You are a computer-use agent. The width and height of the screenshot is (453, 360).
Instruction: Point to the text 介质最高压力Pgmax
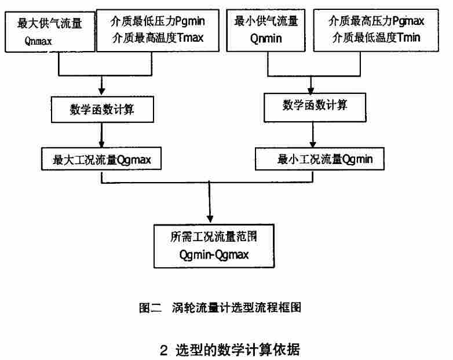pos(377,22)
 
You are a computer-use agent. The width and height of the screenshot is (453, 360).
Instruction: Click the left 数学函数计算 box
pos(102,110)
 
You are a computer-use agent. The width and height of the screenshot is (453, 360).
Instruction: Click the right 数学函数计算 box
pos(315,106)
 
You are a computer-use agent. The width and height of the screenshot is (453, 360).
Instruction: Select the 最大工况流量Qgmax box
pos(102,159)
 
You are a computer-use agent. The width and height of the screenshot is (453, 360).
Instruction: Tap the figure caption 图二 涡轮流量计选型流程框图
pos(220,307)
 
